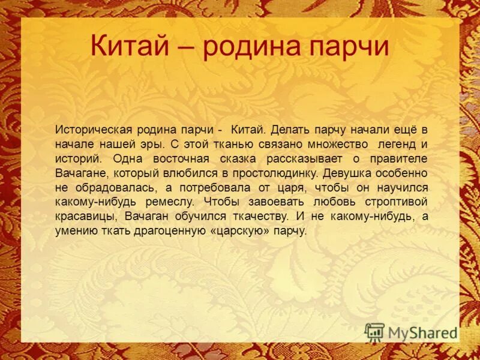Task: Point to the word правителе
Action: (x=398, y=158)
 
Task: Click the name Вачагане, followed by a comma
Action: (x=77, y=173)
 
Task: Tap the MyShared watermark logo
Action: (x=411, y=332)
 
